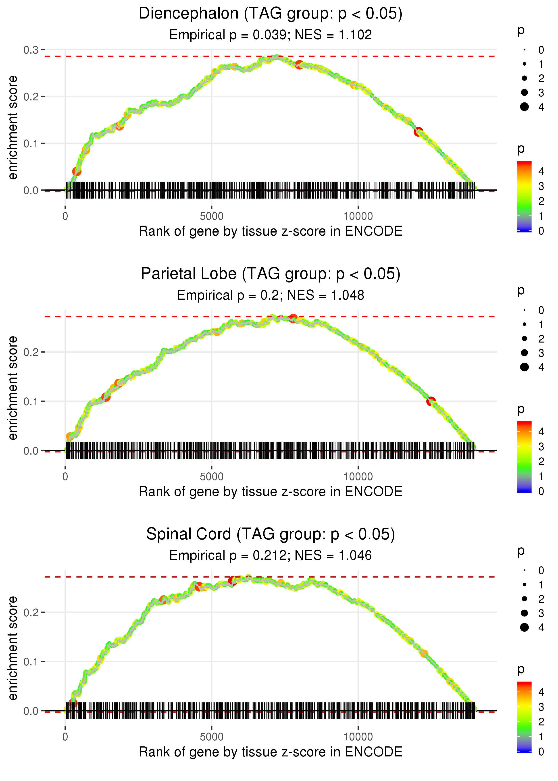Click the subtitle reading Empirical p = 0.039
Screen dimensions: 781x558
tap(271, 35)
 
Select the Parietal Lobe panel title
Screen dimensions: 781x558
tap(271, 274)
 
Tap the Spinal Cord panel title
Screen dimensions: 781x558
tap(271, 534)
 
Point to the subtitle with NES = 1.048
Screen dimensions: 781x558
tap(271, 295)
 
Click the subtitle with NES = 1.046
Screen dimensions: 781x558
tap(271, 555)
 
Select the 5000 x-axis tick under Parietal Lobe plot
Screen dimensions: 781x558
tap(211, 477)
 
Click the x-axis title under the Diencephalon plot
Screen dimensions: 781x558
tap(271, 231)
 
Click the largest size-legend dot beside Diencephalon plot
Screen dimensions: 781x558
tap(524, 107)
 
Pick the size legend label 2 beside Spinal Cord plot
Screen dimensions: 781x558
tap(541, 599)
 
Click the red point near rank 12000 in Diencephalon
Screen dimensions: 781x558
tap(418, 131)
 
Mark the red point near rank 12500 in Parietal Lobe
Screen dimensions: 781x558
tap(431, 401)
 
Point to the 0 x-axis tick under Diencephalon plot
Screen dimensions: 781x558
tap(65, 216)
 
